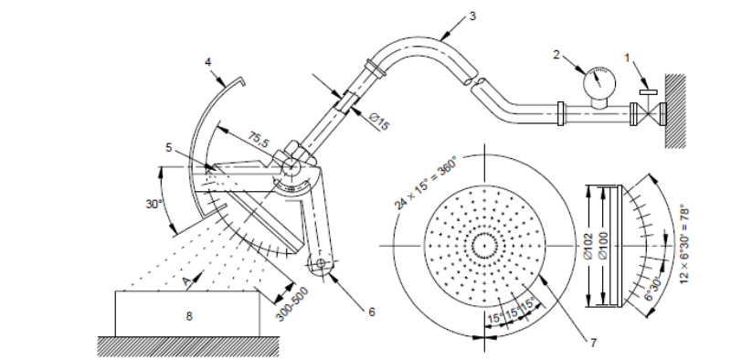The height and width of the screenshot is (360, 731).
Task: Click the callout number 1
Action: click(627, 58)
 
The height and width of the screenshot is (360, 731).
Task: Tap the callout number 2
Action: click(556, 55)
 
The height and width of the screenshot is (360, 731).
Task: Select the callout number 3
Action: click(472, 16)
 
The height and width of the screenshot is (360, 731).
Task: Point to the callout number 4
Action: click(208, 61)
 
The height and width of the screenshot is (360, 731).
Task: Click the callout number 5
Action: click(169, 147)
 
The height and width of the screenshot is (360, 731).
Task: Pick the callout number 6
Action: click(372, 312)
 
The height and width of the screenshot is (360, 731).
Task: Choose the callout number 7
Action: click(593, 343)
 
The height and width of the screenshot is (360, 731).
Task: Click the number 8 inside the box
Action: click(189, 316)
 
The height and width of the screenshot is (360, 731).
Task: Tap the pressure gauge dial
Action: click(599, 84)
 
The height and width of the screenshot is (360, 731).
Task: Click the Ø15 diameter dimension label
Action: click(379, 122)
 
